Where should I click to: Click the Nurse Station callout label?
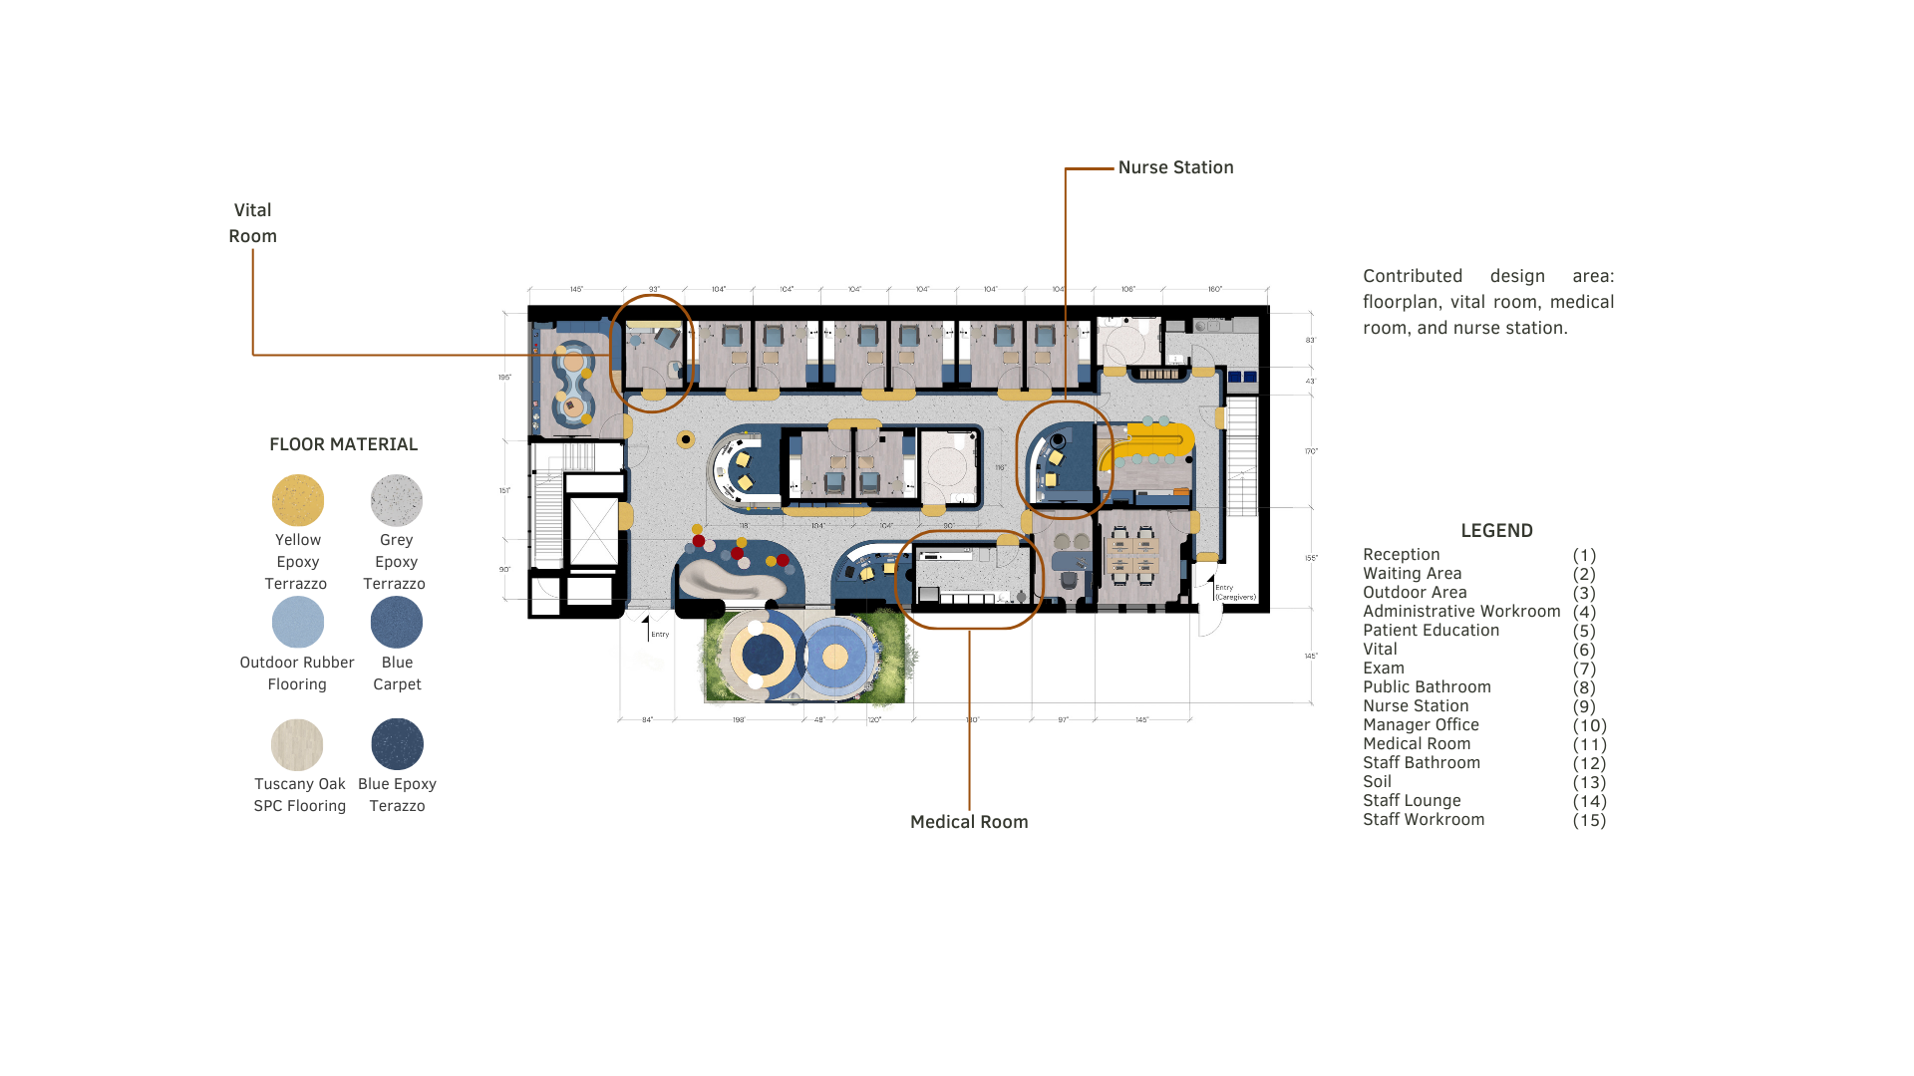[x=1175, y=167]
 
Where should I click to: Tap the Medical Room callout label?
[x=969, y=822]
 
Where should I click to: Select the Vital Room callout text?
[x=252, y=223]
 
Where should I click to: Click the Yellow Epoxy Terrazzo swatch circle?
[x=298, y=500]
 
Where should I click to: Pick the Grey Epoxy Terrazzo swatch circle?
[x=397, y=500]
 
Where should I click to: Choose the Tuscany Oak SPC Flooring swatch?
[x=297, y=744]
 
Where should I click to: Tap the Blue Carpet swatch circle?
[x=397, y=623]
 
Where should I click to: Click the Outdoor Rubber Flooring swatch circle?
[x=298, y=623]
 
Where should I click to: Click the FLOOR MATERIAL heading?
[x=343, y=444]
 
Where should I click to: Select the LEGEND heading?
[x=1496, y=531]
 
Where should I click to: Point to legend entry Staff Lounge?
[x=1412, y=801]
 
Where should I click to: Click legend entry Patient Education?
[x=1431, y=631]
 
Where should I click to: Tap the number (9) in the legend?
[x=1584, y=706]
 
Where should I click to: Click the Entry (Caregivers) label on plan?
[x=1234, y=593]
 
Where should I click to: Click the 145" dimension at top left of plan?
[x=576, y=290]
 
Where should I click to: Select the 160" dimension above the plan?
[x=1214, y=290]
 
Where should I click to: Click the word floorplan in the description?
[x=1405, y=302]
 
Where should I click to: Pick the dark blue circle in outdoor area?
[x=763, y=655]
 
